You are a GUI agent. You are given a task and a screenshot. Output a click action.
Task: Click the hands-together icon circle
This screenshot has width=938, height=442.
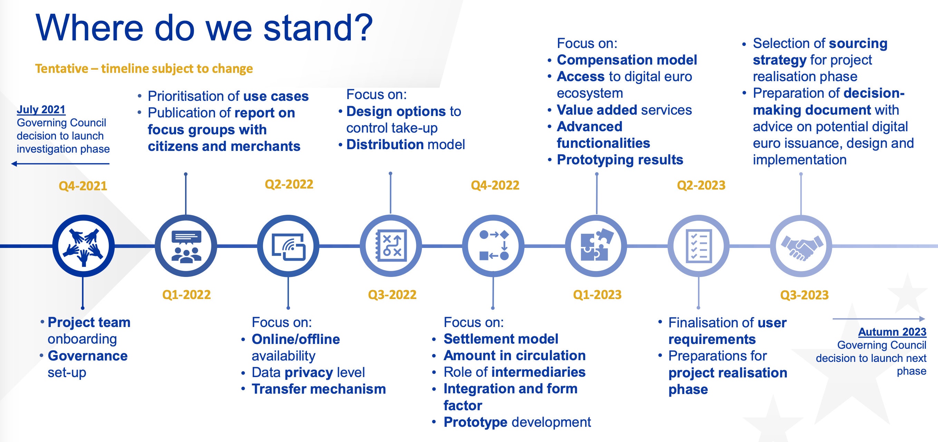pyautogui.click(x=84, y=246)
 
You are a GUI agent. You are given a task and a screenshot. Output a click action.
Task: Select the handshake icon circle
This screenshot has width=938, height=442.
pyautogui.click(x=801, y=246)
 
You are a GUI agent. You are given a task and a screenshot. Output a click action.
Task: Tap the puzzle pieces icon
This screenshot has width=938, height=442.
pyautogui.click(x=596, y=246)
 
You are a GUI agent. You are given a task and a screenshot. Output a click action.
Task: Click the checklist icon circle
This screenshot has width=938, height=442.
pyautogui.click(x=698, y=246)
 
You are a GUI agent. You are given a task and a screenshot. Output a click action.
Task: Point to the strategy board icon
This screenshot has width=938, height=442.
pyautogui.click(x=391, y=246)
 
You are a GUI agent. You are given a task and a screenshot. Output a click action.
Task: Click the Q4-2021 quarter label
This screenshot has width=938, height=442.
pyautogui.click(x=83, y=186)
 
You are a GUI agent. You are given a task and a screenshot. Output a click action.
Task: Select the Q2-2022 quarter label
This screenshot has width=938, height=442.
pyautogui.click(x=289, y=184)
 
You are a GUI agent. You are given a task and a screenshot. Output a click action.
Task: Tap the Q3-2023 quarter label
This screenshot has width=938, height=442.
pyautogui.click(x=804, y=295)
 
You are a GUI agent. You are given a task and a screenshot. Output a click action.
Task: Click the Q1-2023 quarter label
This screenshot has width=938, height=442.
pyautogui.click(x=597, y=295)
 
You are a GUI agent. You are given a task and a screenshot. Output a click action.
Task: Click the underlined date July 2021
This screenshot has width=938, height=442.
pyautogui.click(x=41, y=109)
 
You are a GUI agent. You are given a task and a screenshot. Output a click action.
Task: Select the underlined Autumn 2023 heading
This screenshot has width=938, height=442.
pyautogui.click(x=892, y=332)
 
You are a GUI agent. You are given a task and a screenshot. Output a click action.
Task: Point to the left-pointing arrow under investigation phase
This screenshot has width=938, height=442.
pyautogui.click(x=60, y=164)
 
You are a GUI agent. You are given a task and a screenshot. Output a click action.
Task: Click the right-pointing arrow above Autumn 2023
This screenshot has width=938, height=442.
pyautogui.click(x=879, y=319)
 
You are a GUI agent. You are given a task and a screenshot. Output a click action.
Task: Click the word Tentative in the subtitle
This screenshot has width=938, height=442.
pyautogui.click(x=61, y=68)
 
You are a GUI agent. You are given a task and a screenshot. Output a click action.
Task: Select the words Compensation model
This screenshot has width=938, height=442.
pyautogui.click(x=627, y=60)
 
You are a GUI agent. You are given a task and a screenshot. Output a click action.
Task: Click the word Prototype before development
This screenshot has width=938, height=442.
pyautogui.click(x=475, y=422)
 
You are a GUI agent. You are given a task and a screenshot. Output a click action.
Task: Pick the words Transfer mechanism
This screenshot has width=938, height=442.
pyautogui.click(x=319, y=389)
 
